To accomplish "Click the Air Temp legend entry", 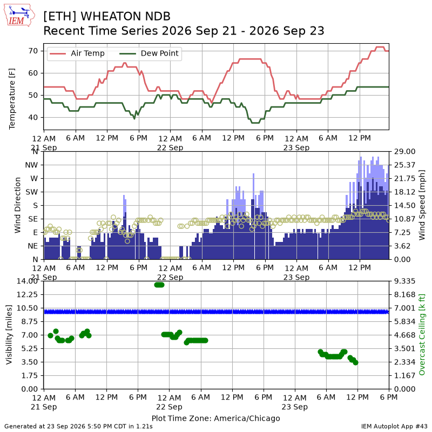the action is tap(77, 53).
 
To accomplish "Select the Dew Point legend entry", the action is tap(149, 53).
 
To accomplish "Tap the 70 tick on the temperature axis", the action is tap(33, 51).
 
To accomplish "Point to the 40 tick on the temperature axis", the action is tap(33, 117).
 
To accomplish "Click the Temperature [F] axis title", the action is tap(12, 99).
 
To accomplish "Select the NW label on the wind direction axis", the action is tap(31, 165).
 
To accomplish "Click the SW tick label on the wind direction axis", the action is tap(32, 192).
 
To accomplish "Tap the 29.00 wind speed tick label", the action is tap(404, 152).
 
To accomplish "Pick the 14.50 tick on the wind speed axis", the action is tap(404, 206).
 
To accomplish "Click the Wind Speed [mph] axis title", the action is tap(422, 205).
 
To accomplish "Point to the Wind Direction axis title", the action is tap(18, 205).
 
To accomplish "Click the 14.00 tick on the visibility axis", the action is tap(28, 281).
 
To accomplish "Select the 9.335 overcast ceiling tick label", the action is tap(404, 281).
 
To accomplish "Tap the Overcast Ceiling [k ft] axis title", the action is tap(422, 334).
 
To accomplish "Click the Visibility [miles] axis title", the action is tap(9, 334).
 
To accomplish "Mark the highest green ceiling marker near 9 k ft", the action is tap(159, 285).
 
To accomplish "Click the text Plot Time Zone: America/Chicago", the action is tap(215, 418).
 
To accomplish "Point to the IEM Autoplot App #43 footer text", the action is tap(394, 427).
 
